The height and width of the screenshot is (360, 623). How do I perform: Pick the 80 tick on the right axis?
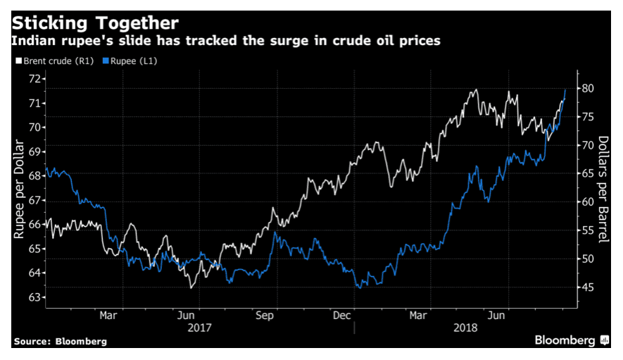click(x=589, y=88)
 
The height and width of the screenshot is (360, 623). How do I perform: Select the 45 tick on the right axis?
click(x=589, y=287)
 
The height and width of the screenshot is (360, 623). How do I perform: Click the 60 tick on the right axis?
click(x=589, y=202)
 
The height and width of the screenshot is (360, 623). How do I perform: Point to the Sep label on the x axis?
click(x=265, y=316)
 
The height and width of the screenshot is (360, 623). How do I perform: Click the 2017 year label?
click(x=200, y=328)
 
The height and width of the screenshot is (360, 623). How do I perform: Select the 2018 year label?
click(x=465, y=328)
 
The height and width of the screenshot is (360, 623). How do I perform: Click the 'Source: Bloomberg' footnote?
click(x=60, y=341)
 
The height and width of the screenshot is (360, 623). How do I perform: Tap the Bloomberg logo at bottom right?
click(x=571, y=340)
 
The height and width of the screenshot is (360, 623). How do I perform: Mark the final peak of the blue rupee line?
click(x=565, y=90)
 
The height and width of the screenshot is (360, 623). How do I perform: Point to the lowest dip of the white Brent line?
click(x=191, y=287)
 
